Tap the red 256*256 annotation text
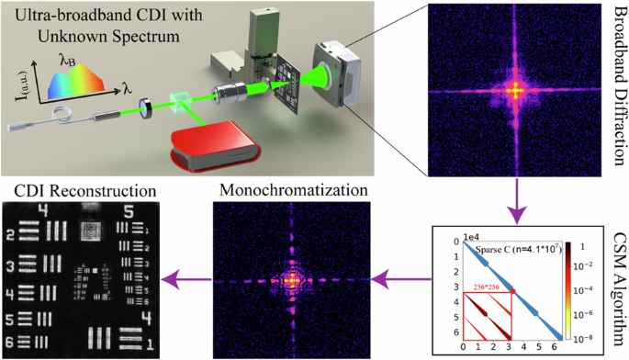[491, 287]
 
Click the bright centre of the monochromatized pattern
[293, 276]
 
